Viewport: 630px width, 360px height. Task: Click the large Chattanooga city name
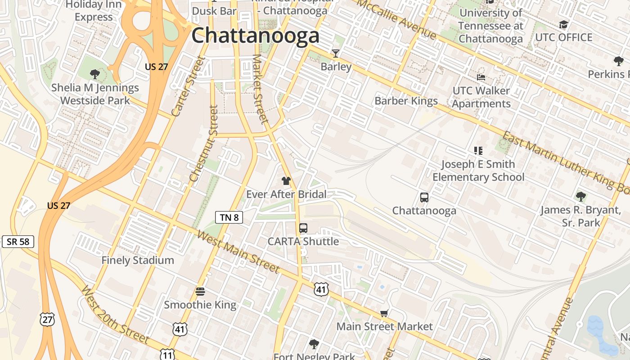click(255, 36)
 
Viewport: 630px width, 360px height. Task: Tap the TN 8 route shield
click(229, 218)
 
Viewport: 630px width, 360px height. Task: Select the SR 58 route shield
click(18, 242)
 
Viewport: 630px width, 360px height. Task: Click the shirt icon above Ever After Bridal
click(286, 181)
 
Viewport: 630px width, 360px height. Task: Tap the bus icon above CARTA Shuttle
click(303, 228)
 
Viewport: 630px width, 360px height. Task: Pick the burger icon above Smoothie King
click(200, 292)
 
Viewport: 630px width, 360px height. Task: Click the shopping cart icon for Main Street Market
click(384, 313)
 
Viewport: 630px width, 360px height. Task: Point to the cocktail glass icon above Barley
click(335, 54)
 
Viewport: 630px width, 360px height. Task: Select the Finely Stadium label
click(137, 260)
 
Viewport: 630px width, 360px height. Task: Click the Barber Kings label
click(406, 101)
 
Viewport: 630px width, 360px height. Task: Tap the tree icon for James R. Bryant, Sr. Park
click(581, 196)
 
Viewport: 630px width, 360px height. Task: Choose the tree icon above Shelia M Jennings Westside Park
click(94, 74)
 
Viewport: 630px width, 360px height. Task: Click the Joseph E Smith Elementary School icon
click(478, 151)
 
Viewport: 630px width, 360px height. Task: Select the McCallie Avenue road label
click(396, 18)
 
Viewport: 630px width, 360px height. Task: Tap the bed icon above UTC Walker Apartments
click(481, 77)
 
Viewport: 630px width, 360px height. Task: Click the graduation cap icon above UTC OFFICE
click(563, 24)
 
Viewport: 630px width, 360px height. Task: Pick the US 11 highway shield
click(167, 355)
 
